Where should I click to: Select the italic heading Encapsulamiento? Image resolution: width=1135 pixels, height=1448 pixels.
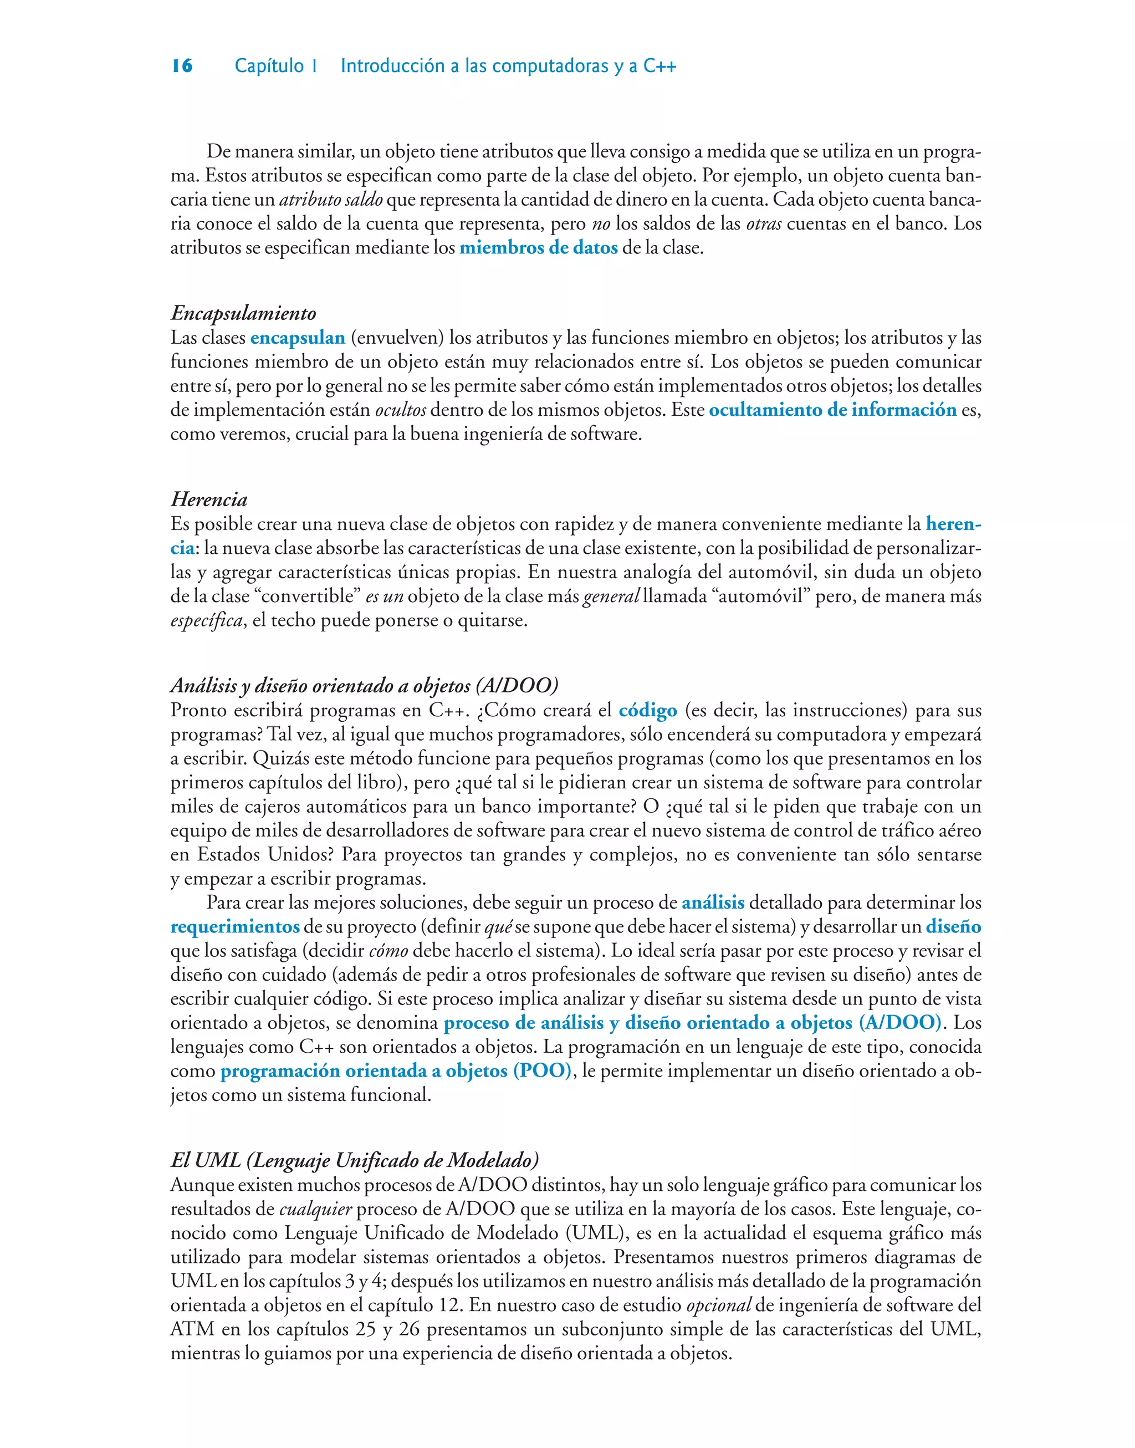[243, 313]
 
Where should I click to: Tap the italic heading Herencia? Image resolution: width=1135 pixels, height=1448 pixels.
[209, 499]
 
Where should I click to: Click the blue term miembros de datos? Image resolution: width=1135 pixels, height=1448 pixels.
[538, 248]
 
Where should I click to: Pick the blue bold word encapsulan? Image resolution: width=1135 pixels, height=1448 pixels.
[297, 338]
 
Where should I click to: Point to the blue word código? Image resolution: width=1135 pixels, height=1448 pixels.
[647, 710]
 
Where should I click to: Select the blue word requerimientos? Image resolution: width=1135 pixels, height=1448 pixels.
[235, 926]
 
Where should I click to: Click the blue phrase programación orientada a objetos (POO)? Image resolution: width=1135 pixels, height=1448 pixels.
[395, 1070]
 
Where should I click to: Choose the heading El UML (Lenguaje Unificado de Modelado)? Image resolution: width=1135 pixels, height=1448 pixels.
[354, 1160]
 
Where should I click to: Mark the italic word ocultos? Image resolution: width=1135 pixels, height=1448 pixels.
[400, 410]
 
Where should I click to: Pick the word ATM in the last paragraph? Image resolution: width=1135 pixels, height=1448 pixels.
[192, 1329]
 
